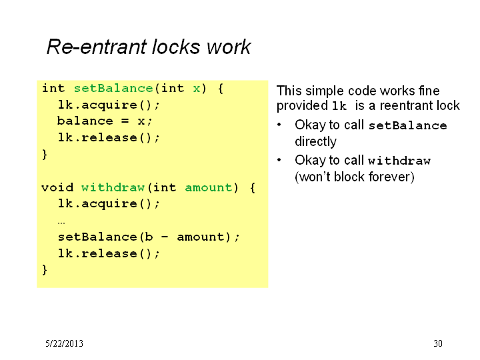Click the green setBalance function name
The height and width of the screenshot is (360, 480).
point(113,88)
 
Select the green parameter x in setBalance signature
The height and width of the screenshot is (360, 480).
point(197,89)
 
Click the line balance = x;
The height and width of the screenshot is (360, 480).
point(105,121)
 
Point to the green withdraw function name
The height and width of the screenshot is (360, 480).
point(113,187)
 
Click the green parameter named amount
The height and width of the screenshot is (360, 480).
point(209,187)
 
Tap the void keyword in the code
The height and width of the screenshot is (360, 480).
point(57,187)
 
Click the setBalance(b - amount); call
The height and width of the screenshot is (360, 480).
point(149,237)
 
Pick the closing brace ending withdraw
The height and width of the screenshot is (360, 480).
point(45,270)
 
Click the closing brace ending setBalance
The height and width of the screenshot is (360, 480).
point(45,154)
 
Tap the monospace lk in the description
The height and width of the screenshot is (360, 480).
point(339,106)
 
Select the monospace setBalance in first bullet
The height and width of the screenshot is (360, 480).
point(408,125)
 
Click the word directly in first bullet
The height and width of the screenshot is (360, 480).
point(315,142)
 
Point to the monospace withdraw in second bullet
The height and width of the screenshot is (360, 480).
point(399,161)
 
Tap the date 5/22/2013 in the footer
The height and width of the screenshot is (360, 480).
point(64,343)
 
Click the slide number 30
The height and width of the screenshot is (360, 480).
point(438,343)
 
